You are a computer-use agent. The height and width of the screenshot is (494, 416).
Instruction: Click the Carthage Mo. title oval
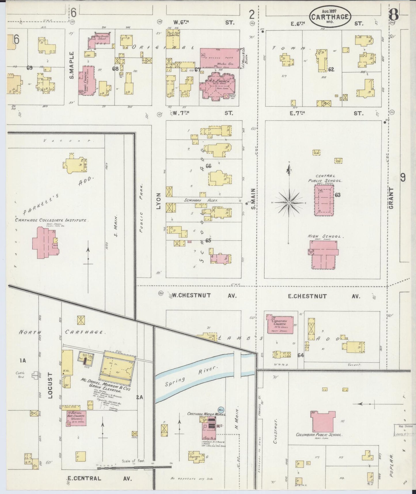click(330, 16)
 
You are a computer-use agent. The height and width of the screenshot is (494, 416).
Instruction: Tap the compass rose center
click(288, 203)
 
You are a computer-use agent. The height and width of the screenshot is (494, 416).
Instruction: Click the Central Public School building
click(324, 200)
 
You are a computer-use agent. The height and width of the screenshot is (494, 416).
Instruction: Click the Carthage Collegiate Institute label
click(51, 220)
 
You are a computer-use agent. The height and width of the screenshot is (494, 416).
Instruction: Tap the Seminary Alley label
click(201, 200)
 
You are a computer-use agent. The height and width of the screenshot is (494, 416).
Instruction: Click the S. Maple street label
click(72, 65)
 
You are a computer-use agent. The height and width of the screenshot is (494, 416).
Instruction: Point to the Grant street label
click(391, 198)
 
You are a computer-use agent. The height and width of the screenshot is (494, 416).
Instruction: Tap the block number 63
click(337, 195)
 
